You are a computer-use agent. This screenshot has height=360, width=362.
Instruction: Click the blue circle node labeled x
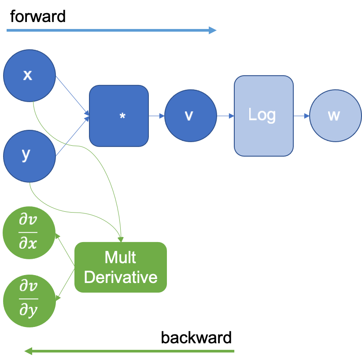pyautogui.click(x=29, y=76)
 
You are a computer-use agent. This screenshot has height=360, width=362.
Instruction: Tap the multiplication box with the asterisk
pyautogui.click(x=119, y=116)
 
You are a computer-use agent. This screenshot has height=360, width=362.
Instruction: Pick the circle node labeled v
pyautogui.click(x=190, y=116)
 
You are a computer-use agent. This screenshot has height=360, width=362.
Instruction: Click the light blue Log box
pyautogui.click(x=263, y=116)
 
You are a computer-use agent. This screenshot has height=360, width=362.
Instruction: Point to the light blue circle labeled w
pyautogui.click(x=335, y=116)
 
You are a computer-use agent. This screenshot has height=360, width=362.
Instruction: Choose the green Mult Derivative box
pyautogui.click(x=120, y=267)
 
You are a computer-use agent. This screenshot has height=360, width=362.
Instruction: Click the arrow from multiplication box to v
pyautogui.click(x=156, y=116)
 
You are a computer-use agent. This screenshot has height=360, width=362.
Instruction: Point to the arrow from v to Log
pyautogui.click(x=225, y=116)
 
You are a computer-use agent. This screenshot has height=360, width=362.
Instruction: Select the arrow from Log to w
pyautogui.click(x=302, y=116)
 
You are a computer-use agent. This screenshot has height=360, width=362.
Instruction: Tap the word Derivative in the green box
pyautogui.click(x=120, y=277)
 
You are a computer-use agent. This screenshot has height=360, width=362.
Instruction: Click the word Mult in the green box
pyautogui.click(x=120, y=257)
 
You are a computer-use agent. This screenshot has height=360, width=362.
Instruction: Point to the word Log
pyautogui.click(x=262, y=115)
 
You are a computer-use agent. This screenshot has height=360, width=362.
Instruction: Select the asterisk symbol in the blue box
pyautogui.click(x=122, y=116)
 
